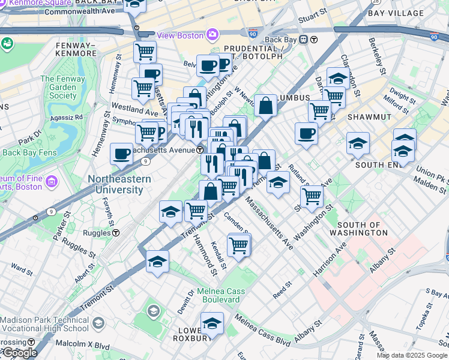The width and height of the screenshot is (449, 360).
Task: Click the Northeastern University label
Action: [116, 184]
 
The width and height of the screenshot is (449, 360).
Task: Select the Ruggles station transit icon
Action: [116, 232]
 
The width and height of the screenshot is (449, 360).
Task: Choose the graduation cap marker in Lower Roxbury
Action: [212, 324]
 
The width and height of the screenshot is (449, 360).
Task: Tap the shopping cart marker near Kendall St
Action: [239, 245]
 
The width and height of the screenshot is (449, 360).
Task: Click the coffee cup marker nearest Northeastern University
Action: [122, 154]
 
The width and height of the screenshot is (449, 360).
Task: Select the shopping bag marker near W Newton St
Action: [265, 106]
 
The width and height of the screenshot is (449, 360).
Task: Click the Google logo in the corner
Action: [19, 353]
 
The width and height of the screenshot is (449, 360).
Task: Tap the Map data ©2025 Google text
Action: [412, 355]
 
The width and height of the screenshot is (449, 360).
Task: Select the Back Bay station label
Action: [282, 40]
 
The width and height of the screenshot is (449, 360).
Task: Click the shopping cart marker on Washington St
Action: [312, 196]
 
